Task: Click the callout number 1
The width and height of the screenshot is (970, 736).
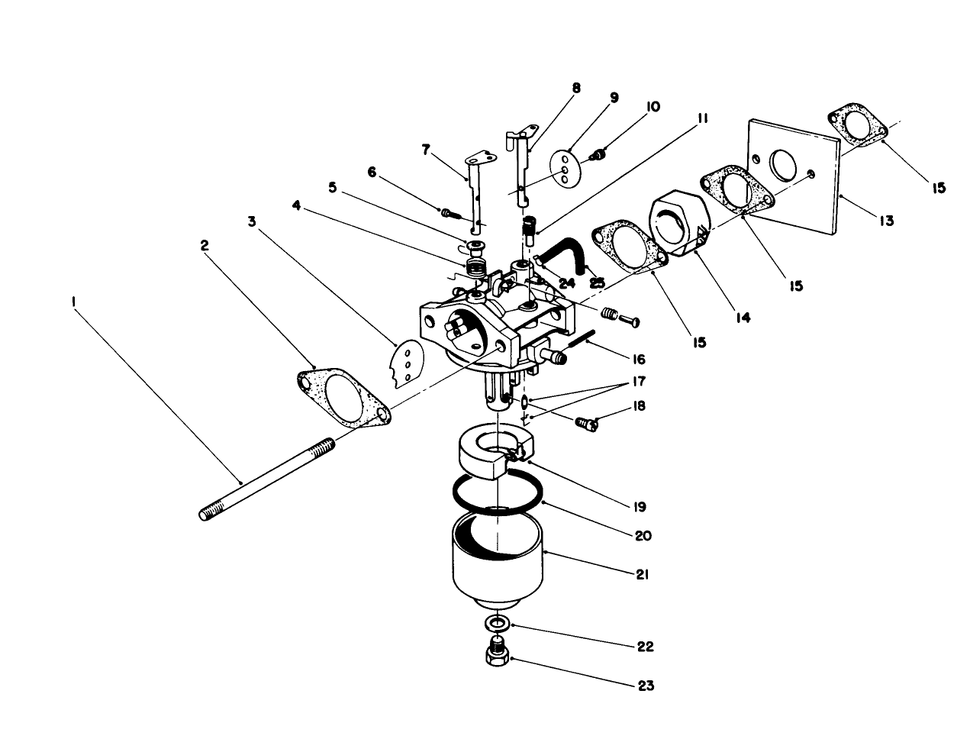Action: coord(74,302)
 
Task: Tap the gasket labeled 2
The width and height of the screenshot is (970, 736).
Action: coord(341,392)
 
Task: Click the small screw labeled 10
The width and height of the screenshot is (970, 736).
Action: coord(599,156)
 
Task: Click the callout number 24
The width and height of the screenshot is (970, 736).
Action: coord(566,282)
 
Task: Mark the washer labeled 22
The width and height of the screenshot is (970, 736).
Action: coord(498,623)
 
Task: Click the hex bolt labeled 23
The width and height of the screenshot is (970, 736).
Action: coord(498,655)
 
